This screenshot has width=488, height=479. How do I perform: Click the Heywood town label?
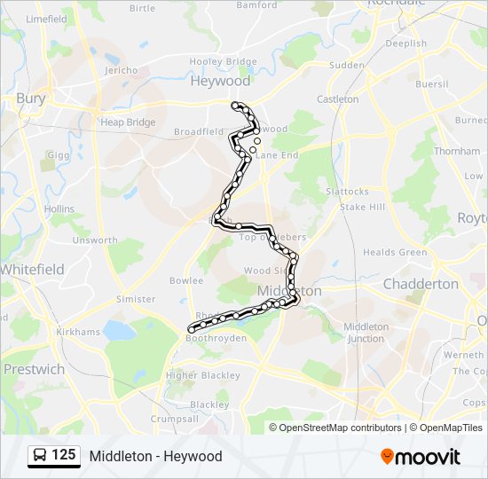pos(221,81)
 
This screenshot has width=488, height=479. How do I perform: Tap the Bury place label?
pos(30,98)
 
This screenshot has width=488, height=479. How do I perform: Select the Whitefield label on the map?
pos(31,269)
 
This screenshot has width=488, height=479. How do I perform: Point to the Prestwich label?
pos(34,368)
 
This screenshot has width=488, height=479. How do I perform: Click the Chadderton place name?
pos(421,284)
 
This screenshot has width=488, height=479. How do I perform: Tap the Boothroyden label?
pos(216,338)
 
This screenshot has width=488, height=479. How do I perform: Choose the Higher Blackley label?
pos(203,375)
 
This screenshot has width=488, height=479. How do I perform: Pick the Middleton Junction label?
pos(366,333)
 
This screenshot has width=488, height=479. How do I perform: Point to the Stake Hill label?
pos(363,207)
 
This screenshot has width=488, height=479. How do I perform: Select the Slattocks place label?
pos(347,192)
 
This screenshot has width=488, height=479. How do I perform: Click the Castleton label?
pos(338,99)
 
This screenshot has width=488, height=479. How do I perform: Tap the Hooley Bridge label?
pos(223,61)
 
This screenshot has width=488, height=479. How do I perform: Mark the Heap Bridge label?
pos(128,122)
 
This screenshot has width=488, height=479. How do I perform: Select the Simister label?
pos(136,300)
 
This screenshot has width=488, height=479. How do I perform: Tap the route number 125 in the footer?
pos(64,456)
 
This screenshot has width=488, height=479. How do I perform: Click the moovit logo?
pos(421,457)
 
